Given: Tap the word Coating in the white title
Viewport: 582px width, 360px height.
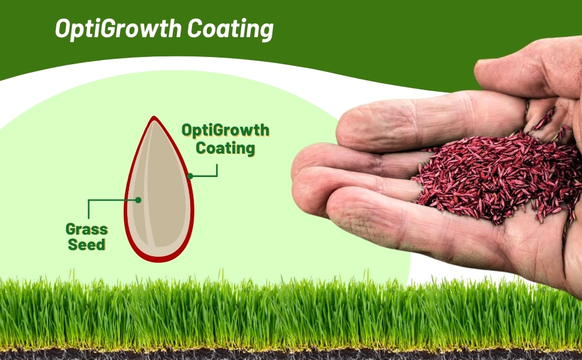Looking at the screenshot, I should pos(229,28).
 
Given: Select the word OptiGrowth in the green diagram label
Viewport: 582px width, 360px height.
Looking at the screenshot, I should pos(226,131).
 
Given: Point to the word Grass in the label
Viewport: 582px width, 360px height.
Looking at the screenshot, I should pos(87,230).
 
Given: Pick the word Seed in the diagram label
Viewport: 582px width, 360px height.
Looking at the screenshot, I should pos(87,245).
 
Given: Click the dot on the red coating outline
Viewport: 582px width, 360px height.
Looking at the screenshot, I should pos(190,176).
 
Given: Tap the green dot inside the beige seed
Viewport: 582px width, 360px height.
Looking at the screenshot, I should pos(137,200).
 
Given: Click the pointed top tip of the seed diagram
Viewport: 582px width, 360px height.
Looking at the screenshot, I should pos(154,118).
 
